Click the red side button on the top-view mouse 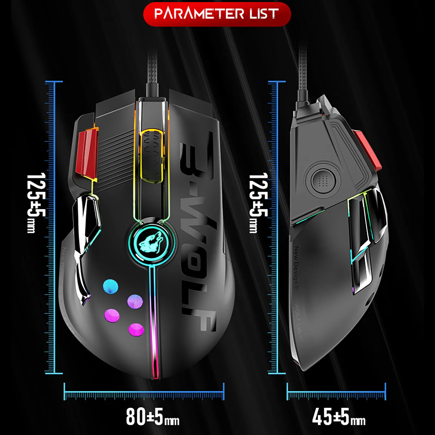[x=86, y=153]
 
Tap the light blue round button [x=111, y=287]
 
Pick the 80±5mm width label [x=153, y=417]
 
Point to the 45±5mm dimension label [x=338, y=417]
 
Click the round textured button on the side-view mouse [x=322, y=180]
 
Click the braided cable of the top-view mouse [x=153, y=73]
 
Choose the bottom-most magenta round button [x=136, y=330]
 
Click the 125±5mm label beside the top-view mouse [x=35, y=203]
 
